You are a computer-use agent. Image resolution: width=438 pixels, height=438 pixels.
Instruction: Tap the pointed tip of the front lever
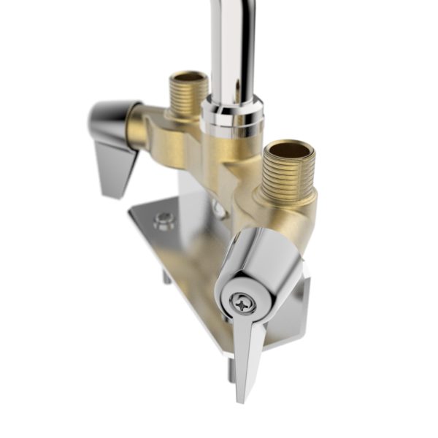click(239, 398)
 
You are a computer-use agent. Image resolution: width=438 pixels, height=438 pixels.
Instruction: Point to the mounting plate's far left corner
click(131, 212)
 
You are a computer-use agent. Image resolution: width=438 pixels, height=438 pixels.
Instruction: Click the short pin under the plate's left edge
click(166, 277)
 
